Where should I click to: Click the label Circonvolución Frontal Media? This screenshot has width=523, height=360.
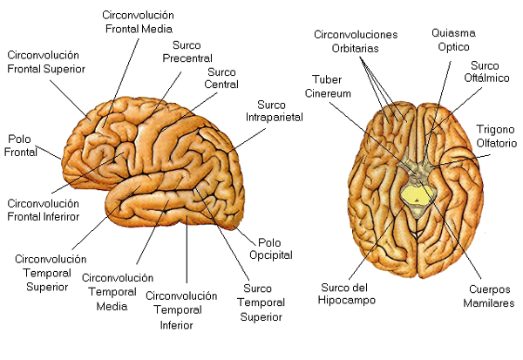(x=139, y=22)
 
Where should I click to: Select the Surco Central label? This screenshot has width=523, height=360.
(x=221, y=78)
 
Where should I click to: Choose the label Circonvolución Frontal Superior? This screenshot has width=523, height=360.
(x=48, y=62)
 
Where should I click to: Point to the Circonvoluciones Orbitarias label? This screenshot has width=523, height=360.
(x=356, y=41)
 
